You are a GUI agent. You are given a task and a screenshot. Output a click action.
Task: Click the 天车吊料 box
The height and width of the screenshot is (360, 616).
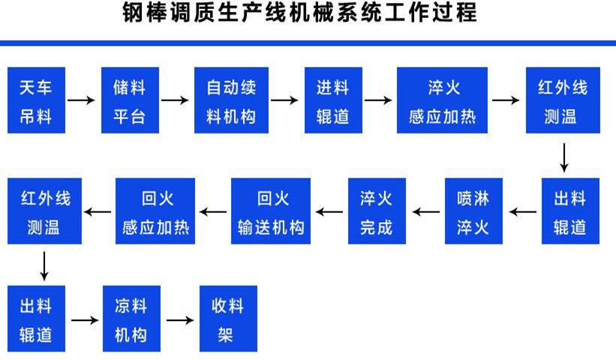coord(35,100)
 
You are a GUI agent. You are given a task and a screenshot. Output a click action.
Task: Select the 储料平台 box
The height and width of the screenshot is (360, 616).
coord(129,100)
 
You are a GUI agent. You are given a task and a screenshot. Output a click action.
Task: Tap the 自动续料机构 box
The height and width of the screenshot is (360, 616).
coord(230,100)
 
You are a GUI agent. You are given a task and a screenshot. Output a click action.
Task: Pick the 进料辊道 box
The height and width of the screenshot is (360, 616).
coord(332,100)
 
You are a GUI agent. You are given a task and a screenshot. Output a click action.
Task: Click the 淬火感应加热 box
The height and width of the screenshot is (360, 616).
coord(442,100)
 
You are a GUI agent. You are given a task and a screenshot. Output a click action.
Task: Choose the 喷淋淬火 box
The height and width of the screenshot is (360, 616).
coord(473,211)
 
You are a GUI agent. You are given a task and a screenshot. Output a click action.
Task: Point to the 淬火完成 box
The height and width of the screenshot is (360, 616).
coord(376,211)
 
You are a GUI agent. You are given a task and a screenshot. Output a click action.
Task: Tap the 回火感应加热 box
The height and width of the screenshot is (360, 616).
coord(155,211)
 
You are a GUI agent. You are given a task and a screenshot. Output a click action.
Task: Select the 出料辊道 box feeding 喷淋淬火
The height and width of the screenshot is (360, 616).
coord(571,211)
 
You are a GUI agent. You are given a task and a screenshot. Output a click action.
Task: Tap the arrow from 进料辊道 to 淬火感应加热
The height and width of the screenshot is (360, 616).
coord(379,100)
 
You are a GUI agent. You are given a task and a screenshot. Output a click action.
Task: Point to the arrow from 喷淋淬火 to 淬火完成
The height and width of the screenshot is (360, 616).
coord(425,211)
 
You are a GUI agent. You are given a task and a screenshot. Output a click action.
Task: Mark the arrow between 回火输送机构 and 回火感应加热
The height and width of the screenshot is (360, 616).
coord(214,211)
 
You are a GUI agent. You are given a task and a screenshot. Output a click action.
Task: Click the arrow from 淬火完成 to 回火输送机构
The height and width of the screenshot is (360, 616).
coord(329,211)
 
